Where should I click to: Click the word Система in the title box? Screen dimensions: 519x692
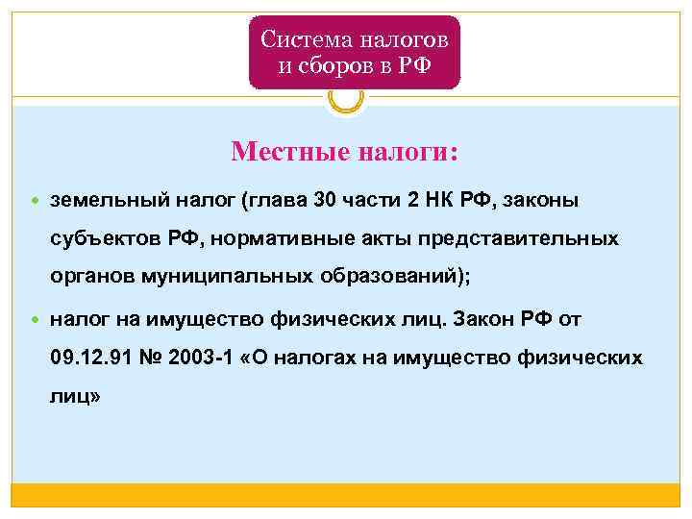307,40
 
